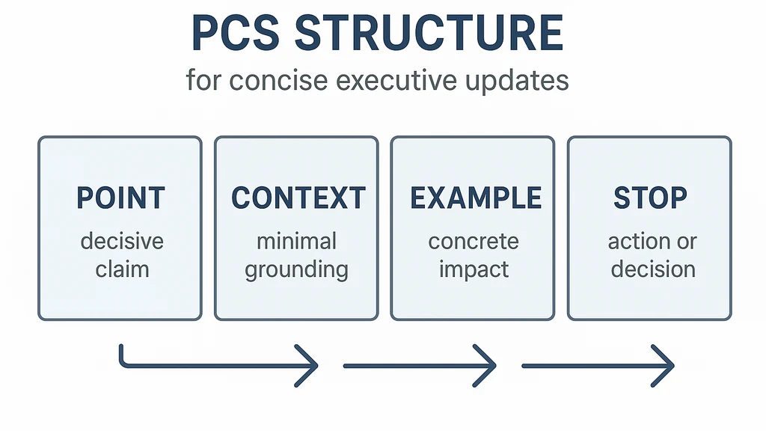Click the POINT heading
coord(120,198)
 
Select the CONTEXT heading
coord(298,198)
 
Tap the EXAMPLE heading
coord(475,198)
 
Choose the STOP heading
coord(650,198)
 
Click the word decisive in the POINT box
coord(121,242)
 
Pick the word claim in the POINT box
coord(121,268)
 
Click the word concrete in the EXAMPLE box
coord(473,242)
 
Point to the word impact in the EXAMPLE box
coord(473,269)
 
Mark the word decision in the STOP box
coord(653,268)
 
